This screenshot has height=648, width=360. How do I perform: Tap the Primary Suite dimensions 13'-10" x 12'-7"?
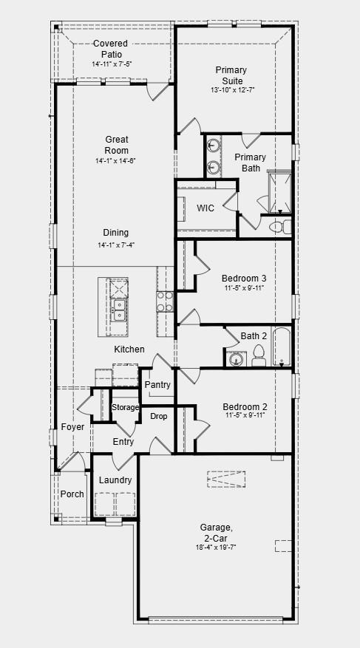pyautogui.click(x=231, y=91)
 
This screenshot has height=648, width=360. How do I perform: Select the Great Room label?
pyautogui.click(x=116, y=145)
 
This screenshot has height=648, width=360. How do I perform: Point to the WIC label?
pyautogui.click(x=206, y=208)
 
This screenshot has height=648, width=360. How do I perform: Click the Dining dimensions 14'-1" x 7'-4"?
pyautogui.click(x=116, y=245)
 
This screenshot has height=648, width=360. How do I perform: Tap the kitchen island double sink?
pyautogui.click(x=118, y=308)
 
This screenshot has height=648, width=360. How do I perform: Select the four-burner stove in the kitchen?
pyautogui.click(x=164, y=301)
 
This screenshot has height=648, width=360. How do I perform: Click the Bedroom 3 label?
pyautogui.click(x=244, y=279)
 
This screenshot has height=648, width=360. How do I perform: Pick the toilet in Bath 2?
pyautogui.click(x=259, y=355)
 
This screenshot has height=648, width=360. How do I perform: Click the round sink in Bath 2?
pyautogui.click(x=235, y=360)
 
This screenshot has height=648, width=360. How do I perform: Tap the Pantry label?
pyautogui.click(x=157, y=385)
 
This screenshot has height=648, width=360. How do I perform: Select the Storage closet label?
pyautogui.click(x=125, y=408)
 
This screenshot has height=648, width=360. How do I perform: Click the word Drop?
pyautogui.click(x=159, y=417)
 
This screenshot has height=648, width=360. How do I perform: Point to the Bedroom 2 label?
pyautogui.click(x=244, y=407)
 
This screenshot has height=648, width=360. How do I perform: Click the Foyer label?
pyautogui.click(x=72, y=427)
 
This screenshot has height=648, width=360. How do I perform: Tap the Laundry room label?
pyautogui.click(x=115, y=480)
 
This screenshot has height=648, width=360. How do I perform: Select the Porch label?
pyautogui.click(x=72, y=494)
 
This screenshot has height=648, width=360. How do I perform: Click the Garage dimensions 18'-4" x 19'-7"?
pyautogui.click(x=217, y=547)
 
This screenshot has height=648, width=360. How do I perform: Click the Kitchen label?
pyautogui.click(x=129, y=349)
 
